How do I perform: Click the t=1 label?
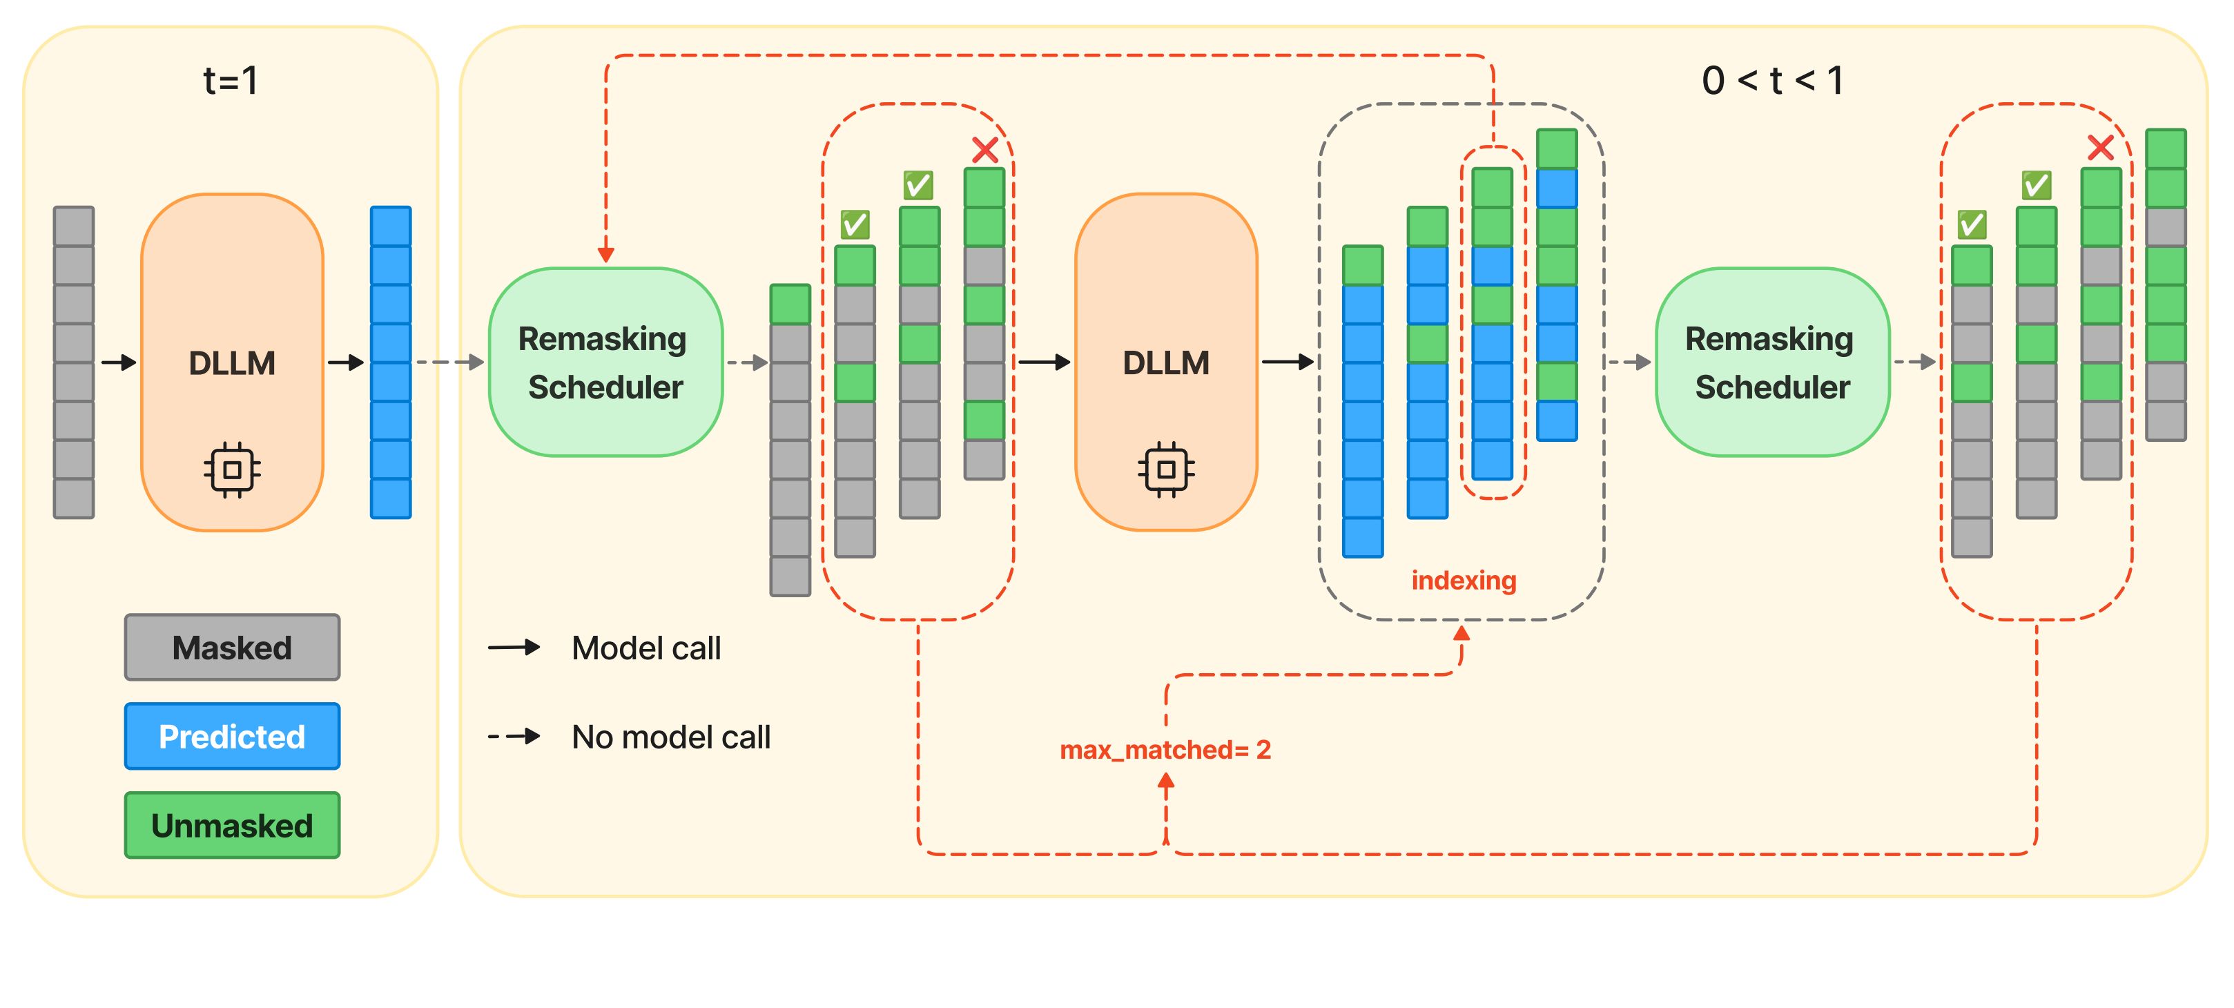(231, 81)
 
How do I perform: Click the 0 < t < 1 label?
(1771, 81)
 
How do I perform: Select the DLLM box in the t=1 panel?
(233, 362)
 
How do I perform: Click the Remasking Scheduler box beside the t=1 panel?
(605, 362)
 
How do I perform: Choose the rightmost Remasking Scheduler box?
(1771, 362)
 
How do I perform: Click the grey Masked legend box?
(233, 647)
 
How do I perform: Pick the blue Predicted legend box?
(233, 737)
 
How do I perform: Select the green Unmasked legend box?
(233, 825)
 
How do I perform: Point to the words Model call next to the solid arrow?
(646, 648)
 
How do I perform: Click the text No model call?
(670, 737)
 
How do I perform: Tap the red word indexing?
(1463, 581)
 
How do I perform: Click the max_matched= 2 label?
(1165, 750)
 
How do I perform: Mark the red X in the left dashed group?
(984, 150)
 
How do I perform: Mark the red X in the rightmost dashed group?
(2099, 148)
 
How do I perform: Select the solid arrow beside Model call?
(514, 647)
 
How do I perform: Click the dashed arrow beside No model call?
(514, 737)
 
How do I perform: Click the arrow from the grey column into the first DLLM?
(119, 362)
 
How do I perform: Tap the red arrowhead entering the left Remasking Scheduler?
(605, 254)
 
